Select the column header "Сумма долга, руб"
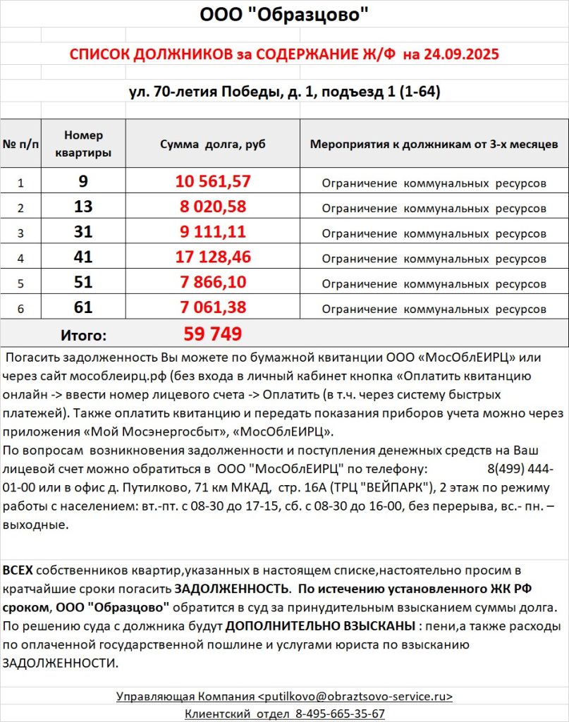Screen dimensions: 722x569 point(213,144)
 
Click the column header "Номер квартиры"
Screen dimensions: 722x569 point(83,144)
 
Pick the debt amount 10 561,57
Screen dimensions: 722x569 point(213,181)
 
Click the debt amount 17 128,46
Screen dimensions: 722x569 point(213,257)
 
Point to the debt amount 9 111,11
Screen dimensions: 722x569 point(213,232)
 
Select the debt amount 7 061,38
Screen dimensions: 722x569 point(213,307)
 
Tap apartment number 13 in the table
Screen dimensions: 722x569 point(83,207)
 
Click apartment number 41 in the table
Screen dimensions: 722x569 point(83,257)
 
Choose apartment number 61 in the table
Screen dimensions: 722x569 point(83,307)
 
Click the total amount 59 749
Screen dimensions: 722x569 point(213,334)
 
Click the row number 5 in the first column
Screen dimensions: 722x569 point(20,284)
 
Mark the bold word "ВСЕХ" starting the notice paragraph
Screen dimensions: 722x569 point(18,570)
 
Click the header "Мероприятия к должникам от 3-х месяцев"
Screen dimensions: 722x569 point(434,144)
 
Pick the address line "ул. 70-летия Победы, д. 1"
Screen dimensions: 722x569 point(224,92)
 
